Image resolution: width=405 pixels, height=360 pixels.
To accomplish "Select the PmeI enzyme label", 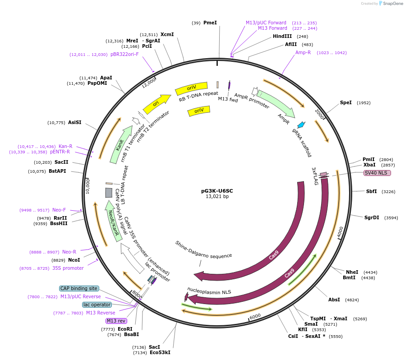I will tap(210, 23).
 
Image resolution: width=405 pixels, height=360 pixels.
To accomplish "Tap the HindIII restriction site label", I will tap(282, 36).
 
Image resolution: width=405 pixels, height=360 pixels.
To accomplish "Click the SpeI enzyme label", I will tap(346, 102).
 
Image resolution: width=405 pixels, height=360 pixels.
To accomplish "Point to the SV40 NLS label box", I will tap(377, 173).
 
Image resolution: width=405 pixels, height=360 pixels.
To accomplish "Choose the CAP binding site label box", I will tap(79, 288).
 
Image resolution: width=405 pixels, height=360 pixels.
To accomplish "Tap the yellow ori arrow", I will tap(156, 104).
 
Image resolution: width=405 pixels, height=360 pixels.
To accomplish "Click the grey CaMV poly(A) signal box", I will tap(109, 193).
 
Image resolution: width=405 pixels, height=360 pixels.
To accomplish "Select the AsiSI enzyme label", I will tap(75, 122).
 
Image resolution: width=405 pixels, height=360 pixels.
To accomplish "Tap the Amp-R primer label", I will tap(303, 52).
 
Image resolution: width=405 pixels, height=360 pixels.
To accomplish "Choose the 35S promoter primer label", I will tap(68, 268).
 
